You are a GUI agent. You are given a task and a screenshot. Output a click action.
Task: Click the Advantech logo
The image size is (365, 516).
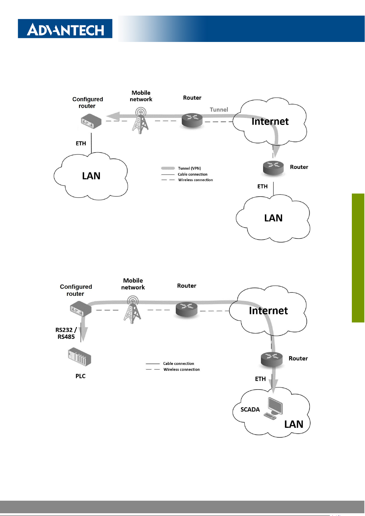tap(65, 29)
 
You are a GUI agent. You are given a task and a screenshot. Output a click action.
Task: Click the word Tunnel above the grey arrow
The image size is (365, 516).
tap(219, 110)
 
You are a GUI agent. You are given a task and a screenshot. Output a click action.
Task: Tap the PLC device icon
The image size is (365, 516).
tap(80, 357)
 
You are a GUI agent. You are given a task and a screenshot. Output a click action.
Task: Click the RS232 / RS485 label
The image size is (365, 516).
tap(66, 333)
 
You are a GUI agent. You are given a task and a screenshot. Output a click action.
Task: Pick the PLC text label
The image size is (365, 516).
tap(81, 376)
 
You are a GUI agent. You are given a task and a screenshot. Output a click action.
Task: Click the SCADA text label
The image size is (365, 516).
tap(250, 409)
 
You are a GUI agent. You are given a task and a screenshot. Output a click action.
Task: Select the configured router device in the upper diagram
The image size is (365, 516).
tap(91, 121)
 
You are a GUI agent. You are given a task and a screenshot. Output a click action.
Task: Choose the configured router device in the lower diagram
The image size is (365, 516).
tap(80, 309)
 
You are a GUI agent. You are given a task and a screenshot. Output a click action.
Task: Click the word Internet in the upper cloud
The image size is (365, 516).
tap(270, 122)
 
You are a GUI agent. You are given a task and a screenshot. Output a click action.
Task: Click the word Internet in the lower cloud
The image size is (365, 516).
tap(268, 311)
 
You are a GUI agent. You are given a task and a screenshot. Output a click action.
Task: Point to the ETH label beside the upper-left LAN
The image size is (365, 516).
tap(81, 143)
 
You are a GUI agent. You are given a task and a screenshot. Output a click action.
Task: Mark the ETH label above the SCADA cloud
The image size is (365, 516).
tap(260, 379)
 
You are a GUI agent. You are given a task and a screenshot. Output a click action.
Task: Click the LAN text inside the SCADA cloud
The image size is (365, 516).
tap(294, 424)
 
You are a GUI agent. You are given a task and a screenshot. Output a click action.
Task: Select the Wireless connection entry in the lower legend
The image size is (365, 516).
tap(181, 370)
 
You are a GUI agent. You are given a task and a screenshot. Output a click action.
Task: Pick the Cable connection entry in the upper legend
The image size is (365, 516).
tap(192, 174)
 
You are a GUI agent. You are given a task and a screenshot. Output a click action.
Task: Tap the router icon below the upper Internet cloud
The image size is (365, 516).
tap(273, 168)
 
